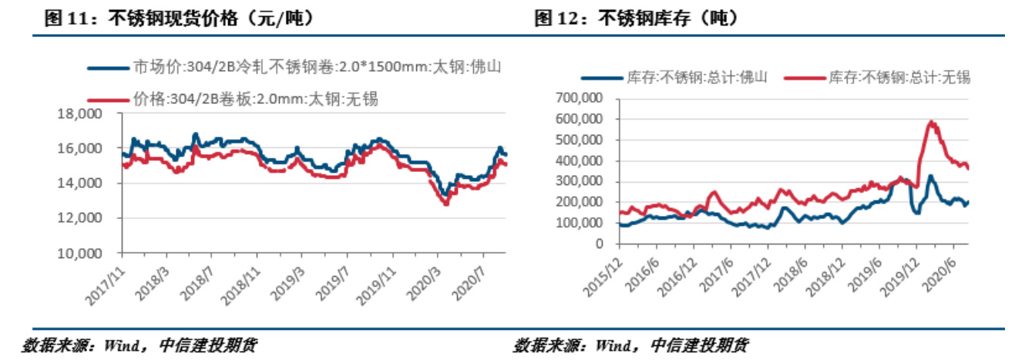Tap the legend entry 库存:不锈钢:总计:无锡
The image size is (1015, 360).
(879, 78)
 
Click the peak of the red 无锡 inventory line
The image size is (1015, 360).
(932, 121)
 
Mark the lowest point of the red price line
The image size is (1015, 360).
(445, 204)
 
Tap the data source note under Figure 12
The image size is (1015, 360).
(630, 345)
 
